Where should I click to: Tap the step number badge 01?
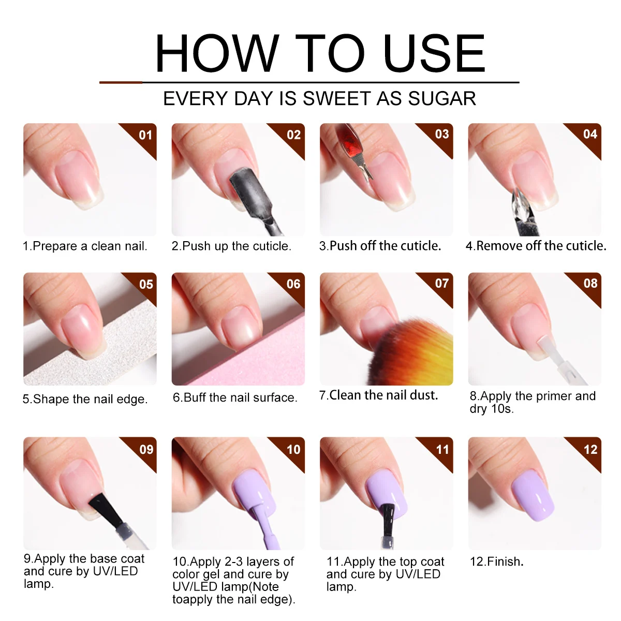pyautogui.click(x=146, y=135)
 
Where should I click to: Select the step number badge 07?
pyautogui.click(x=442, y=284)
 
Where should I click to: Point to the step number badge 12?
pyautogui.click(x=590, y=449)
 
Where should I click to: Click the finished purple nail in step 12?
pyautogui.click(x=533, y=494)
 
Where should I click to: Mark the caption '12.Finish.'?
pyautogui.click(x=496, y=561)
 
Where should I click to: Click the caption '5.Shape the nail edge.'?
pyautogui.click(x=85, y=399)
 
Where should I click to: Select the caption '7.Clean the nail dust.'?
pyautogui.click(x=379, y=395)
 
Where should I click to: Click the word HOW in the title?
pyautogui.click(x=216, y=53)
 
